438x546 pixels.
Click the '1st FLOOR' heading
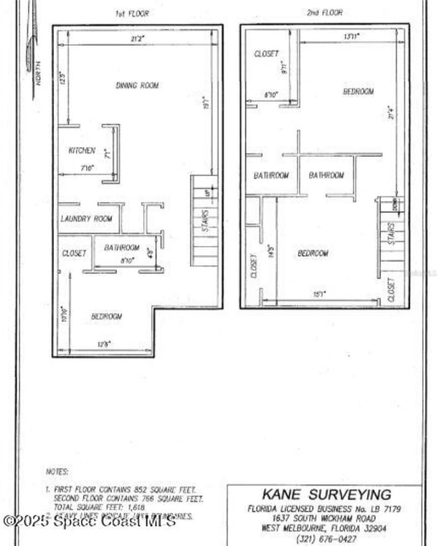(132, 14)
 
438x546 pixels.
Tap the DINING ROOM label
(137, 86)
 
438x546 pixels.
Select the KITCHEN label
(82, 151)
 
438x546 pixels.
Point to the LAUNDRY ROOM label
(86, 219)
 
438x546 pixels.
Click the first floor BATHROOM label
(121, 248)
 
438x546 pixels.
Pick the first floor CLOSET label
(75, 253)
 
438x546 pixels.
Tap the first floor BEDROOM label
(106, 316)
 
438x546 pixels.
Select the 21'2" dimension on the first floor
(137, 39)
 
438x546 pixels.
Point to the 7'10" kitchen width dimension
(87, 168)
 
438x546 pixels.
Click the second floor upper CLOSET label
(266, 54)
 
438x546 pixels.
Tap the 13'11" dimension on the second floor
(351, 36)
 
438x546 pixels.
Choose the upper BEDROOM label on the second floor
(358, 91)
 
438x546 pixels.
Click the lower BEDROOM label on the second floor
(313, 253)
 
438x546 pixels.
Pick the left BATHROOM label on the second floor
(271, 176)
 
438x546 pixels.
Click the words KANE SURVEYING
(326, 495)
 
